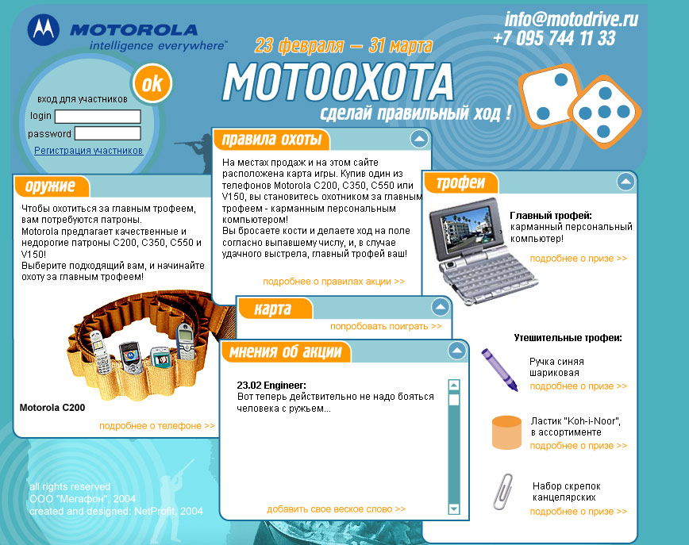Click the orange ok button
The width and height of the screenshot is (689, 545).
(152, 83)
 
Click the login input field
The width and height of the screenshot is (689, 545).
(98, 117)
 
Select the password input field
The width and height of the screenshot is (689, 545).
(108, 133)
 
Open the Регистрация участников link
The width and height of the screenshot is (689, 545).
(88, 150)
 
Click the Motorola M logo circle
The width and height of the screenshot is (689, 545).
(44, 29)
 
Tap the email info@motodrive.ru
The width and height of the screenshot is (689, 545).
(571, 19)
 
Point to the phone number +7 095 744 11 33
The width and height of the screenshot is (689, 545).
(555, 38)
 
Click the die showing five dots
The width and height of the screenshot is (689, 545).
(605, 112)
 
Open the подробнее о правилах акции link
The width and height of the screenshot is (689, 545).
(333, 282)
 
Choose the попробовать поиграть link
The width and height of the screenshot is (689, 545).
(386, 326)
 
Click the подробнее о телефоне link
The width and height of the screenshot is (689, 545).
(157, 425)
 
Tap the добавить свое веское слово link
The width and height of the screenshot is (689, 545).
(336, 509)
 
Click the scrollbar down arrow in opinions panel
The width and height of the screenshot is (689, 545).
(454, 509)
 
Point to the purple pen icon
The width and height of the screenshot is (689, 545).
(499, 370)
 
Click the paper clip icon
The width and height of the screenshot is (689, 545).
(502, 491)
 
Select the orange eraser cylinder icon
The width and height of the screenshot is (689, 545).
(506, 432)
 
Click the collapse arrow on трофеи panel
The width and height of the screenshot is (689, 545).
(625, 182)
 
